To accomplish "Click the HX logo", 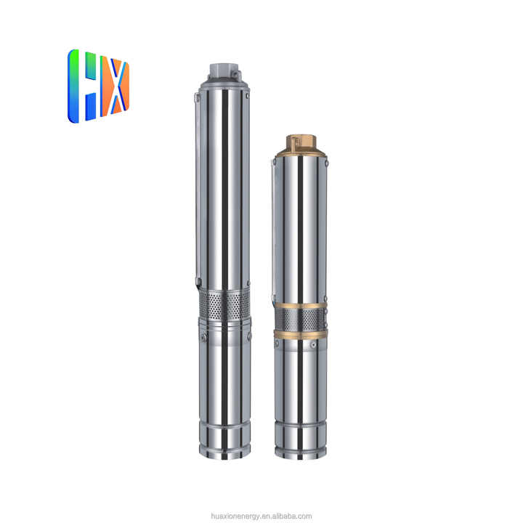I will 99,85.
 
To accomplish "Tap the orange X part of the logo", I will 115,85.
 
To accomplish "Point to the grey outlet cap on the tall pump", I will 223,70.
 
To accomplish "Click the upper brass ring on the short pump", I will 301,305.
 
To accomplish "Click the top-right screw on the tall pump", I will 247,94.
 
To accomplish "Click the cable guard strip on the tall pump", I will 198,189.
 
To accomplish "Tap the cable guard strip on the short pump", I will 274,232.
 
